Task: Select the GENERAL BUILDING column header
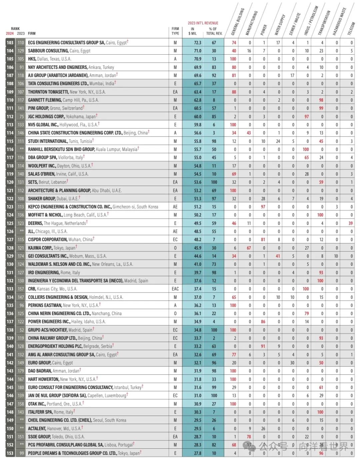[238, 22]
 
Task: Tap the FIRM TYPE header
[175, 31]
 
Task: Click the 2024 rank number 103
[10, 43]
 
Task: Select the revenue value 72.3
[197, 43]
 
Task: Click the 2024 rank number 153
[10, 453]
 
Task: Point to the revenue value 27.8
[197, 453]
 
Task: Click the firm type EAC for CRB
[175, 289]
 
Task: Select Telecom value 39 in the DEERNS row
[351, 223]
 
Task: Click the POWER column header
[264, 30]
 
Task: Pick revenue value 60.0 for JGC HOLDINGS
[197, 117]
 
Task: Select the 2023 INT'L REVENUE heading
[203, 23]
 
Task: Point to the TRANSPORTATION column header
[324, 23]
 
